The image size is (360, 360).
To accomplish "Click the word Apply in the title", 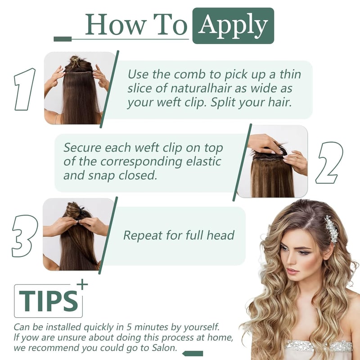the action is [x=233, y=26].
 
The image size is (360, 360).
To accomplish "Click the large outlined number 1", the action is [x=25, y=89].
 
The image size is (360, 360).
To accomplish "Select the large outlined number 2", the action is [x=329, y=162].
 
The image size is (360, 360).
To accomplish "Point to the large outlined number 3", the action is [x=24, y=236].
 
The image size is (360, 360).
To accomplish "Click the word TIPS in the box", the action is [x=48, y=301].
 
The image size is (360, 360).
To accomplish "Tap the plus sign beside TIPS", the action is [x=82, y=285].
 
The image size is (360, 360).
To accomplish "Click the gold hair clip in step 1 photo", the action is [x=75, y=61].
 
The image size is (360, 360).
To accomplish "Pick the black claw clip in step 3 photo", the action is [x=82, y=213].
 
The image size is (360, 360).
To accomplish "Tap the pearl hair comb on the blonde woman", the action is [x=332, y=229].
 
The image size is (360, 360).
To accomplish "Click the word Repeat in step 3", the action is [x=143, y=235].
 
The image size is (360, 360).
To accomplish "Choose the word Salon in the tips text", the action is [x=165, y=348].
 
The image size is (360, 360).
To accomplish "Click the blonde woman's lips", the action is [x=292, y=271].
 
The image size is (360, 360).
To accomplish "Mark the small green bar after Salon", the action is [x=193, y=354].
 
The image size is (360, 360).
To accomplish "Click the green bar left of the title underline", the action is [x=63, y=39].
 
